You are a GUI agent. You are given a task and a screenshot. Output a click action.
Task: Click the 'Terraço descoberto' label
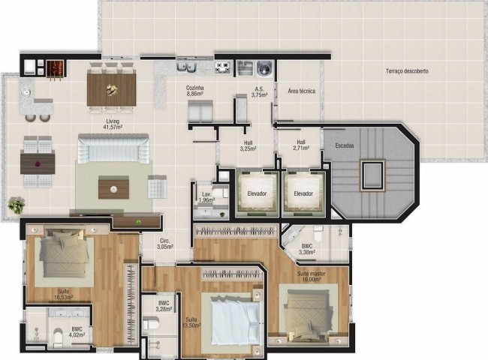(x=408, y=71)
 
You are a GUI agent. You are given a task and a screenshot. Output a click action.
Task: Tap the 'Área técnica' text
(x=301, y=91)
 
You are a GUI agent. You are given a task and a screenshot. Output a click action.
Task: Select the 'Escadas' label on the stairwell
(x=345, y=145)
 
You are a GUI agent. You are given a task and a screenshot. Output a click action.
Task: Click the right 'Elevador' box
(x=303, y=193)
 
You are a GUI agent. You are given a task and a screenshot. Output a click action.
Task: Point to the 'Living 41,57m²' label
(x=113, y=125)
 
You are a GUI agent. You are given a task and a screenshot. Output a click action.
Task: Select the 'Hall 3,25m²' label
(x=248, y=145)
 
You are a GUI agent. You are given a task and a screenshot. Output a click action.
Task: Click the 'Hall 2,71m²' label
(x=300, y=145)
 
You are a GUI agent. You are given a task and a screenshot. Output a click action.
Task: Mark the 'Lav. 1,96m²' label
(x=208, y=197)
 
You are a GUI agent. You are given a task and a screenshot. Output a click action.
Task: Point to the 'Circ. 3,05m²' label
(x=164, y=244)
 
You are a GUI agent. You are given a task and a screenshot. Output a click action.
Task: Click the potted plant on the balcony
(x=15, y=204)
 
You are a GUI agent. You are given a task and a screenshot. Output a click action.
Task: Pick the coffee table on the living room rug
(x=113, y=186)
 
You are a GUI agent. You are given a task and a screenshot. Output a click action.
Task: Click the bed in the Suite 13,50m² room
(x=234, y=319)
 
